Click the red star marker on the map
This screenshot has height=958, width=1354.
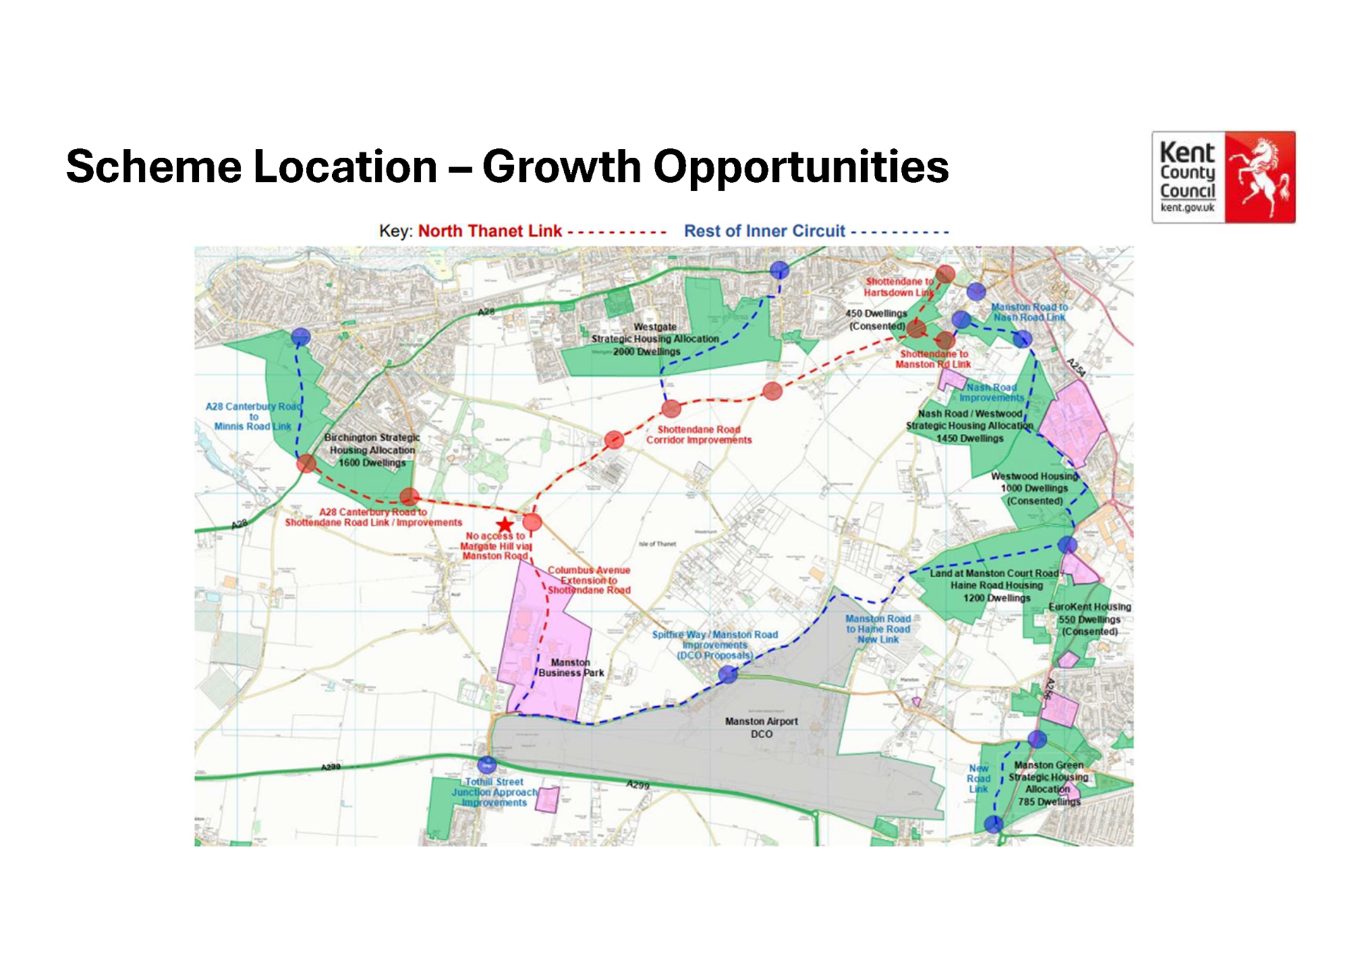pyautogui.click(x=504, y=525)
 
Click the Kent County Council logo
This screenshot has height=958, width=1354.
pyautogui.click(x=1223, y=177)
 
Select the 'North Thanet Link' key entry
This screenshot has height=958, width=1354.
pyautogui.click(x=489, y=231)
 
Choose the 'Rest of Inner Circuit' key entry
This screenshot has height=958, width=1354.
pyautogui.click(x=764, y=231)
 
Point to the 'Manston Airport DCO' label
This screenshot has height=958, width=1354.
pyautogui.click(x=761, y=727)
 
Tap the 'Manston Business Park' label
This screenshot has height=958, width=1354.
pyautogui.click(x=571, y=667)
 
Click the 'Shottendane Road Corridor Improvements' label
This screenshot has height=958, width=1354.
pyautogui.click(x=699, y=435)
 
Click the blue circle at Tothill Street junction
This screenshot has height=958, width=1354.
pyautogui.click(x=487, y=765)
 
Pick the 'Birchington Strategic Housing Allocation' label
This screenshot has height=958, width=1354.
pyautogui.click(x=372, y=450)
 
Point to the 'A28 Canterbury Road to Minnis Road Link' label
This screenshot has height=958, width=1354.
pyautogui.click(x=253, y=416)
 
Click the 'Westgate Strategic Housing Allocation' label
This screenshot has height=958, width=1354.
pyautogui.click(x=654, y=339)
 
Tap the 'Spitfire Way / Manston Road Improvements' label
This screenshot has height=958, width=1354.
pyautogui.click(x=714, y=645)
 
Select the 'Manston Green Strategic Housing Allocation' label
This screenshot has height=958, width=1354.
pyautogui.click(x=1048, y=783)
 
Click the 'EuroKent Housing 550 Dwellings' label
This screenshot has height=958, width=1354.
pyautogui.click(x=1090, y=619)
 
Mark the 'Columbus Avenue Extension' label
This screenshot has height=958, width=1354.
pyautogui.click(x=589, y=580)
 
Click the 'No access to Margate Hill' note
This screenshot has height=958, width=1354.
pyautogui.click(x=495, y=546)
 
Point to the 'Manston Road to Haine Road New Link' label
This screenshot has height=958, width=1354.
pyautogui.click(x=878, y=629)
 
